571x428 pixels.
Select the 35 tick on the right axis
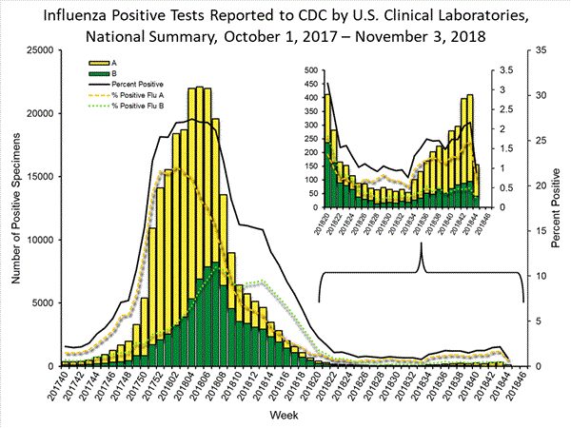(541, 50)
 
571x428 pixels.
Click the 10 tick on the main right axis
(541, 276)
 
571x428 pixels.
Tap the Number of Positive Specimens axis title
(15, 207)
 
